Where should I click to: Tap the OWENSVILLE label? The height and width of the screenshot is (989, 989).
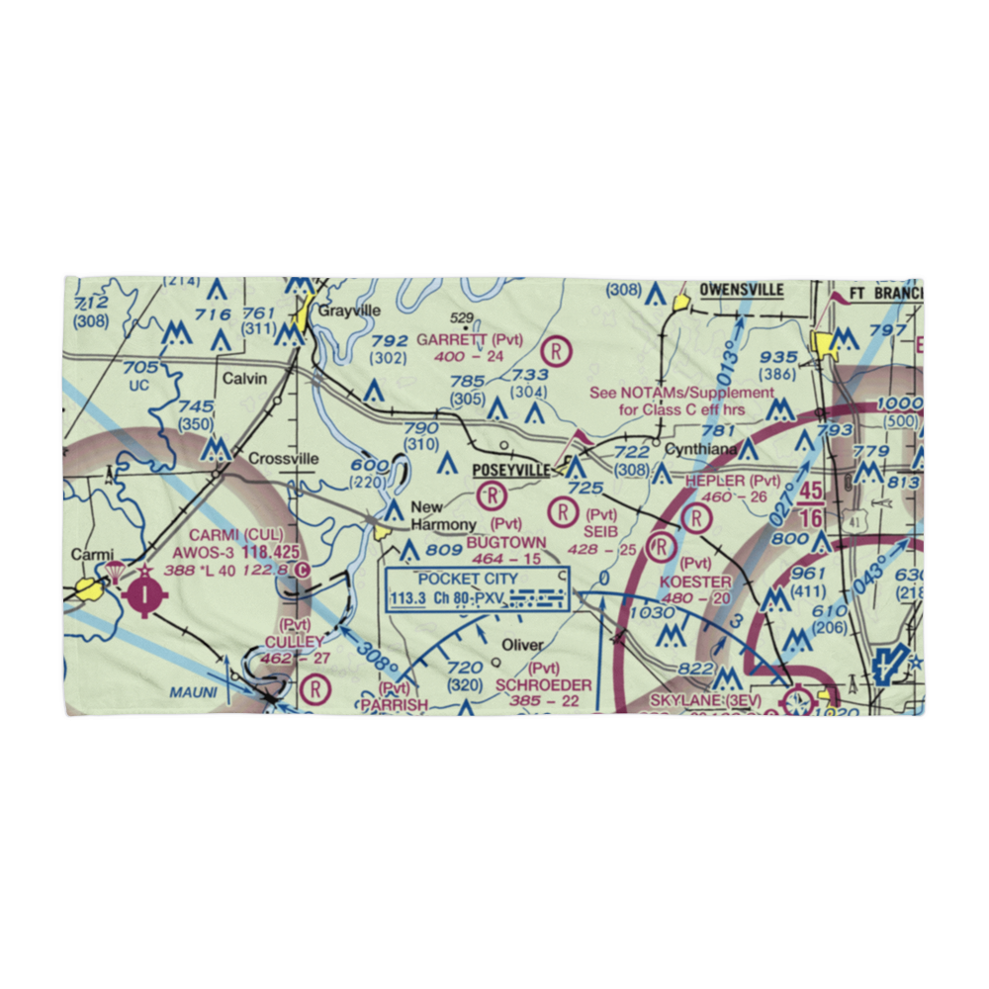741,290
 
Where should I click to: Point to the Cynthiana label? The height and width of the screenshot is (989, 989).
700,449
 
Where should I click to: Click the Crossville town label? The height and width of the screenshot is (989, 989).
283,459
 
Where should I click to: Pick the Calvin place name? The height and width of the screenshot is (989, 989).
244,379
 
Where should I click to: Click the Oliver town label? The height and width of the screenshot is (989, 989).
521,645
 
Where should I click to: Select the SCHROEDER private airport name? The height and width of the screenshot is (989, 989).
544,684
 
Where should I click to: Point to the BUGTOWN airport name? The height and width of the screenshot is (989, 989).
506,542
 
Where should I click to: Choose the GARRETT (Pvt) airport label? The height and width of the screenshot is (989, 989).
469,339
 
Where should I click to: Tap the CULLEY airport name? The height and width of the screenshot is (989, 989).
294,642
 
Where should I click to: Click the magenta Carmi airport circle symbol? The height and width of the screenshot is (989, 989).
145,594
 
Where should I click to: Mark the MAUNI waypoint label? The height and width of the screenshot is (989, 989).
192,692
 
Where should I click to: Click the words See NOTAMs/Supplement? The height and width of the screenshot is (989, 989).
681,393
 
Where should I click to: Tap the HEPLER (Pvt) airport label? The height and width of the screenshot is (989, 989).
733,481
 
